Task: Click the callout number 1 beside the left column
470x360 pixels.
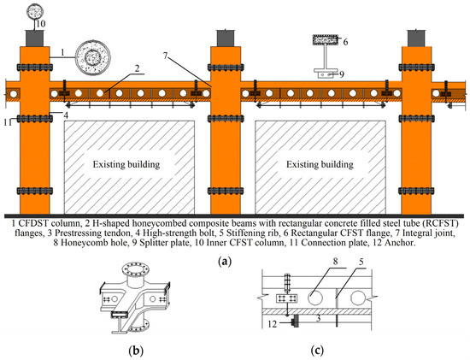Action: pyautogui.click(x=62, y=53)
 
